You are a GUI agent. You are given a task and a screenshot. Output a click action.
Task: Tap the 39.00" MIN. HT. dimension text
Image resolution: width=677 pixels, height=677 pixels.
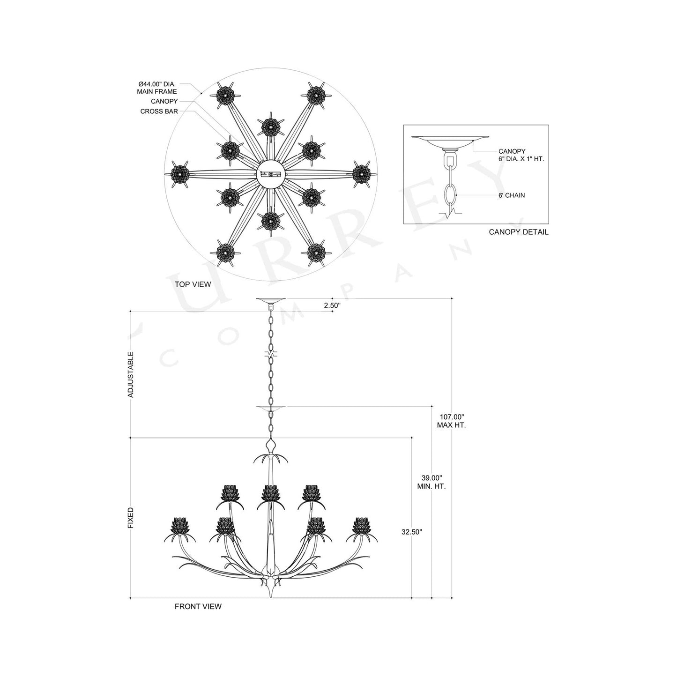(x=431, y=482)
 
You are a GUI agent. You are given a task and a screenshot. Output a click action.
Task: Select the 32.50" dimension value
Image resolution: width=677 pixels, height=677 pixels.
(x=412, y=532)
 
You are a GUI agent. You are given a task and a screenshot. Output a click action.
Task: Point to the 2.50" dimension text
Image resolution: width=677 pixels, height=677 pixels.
(x=332, y=305)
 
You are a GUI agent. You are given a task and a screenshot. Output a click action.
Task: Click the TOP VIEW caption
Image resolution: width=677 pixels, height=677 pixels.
(x=193, y=284)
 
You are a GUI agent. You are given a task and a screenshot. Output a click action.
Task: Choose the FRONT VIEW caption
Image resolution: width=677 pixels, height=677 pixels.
(x=198, y=606)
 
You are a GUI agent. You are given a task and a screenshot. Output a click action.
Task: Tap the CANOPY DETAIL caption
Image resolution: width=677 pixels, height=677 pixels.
(x=518, y=232)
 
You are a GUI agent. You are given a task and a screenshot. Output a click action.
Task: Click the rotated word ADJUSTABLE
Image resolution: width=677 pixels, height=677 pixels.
(x=131, y=375)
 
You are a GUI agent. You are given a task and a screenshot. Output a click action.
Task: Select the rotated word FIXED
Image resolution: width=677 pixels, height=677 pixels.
(x=131, y=518)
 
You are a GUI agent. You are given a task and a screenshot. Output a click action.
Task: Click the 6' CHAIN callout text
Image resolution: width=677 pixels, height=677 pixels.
(x=512, y=195)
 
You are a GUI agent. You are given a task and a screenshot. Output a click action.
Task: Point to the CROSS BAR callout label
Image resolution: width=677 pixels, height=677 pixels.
(x=159, y=112)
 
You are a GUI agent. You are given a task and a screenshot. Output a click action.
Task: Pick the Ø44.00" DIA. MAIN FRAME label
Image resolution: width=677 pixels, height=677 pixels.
(x=157, y=88)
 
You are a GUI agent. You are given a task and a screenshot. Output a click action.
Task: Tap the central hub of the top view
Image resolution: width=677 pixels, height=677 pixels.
(x=270, y=174)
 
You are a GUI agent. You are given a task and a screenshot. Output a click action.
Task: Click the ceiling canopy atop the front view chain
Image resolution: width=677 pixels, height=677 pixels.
(x=270, y=300)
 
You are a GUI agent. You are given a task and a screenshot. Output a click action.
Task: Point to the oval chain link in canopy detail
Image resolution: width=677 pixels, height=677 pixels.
(x=450, y=193)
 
